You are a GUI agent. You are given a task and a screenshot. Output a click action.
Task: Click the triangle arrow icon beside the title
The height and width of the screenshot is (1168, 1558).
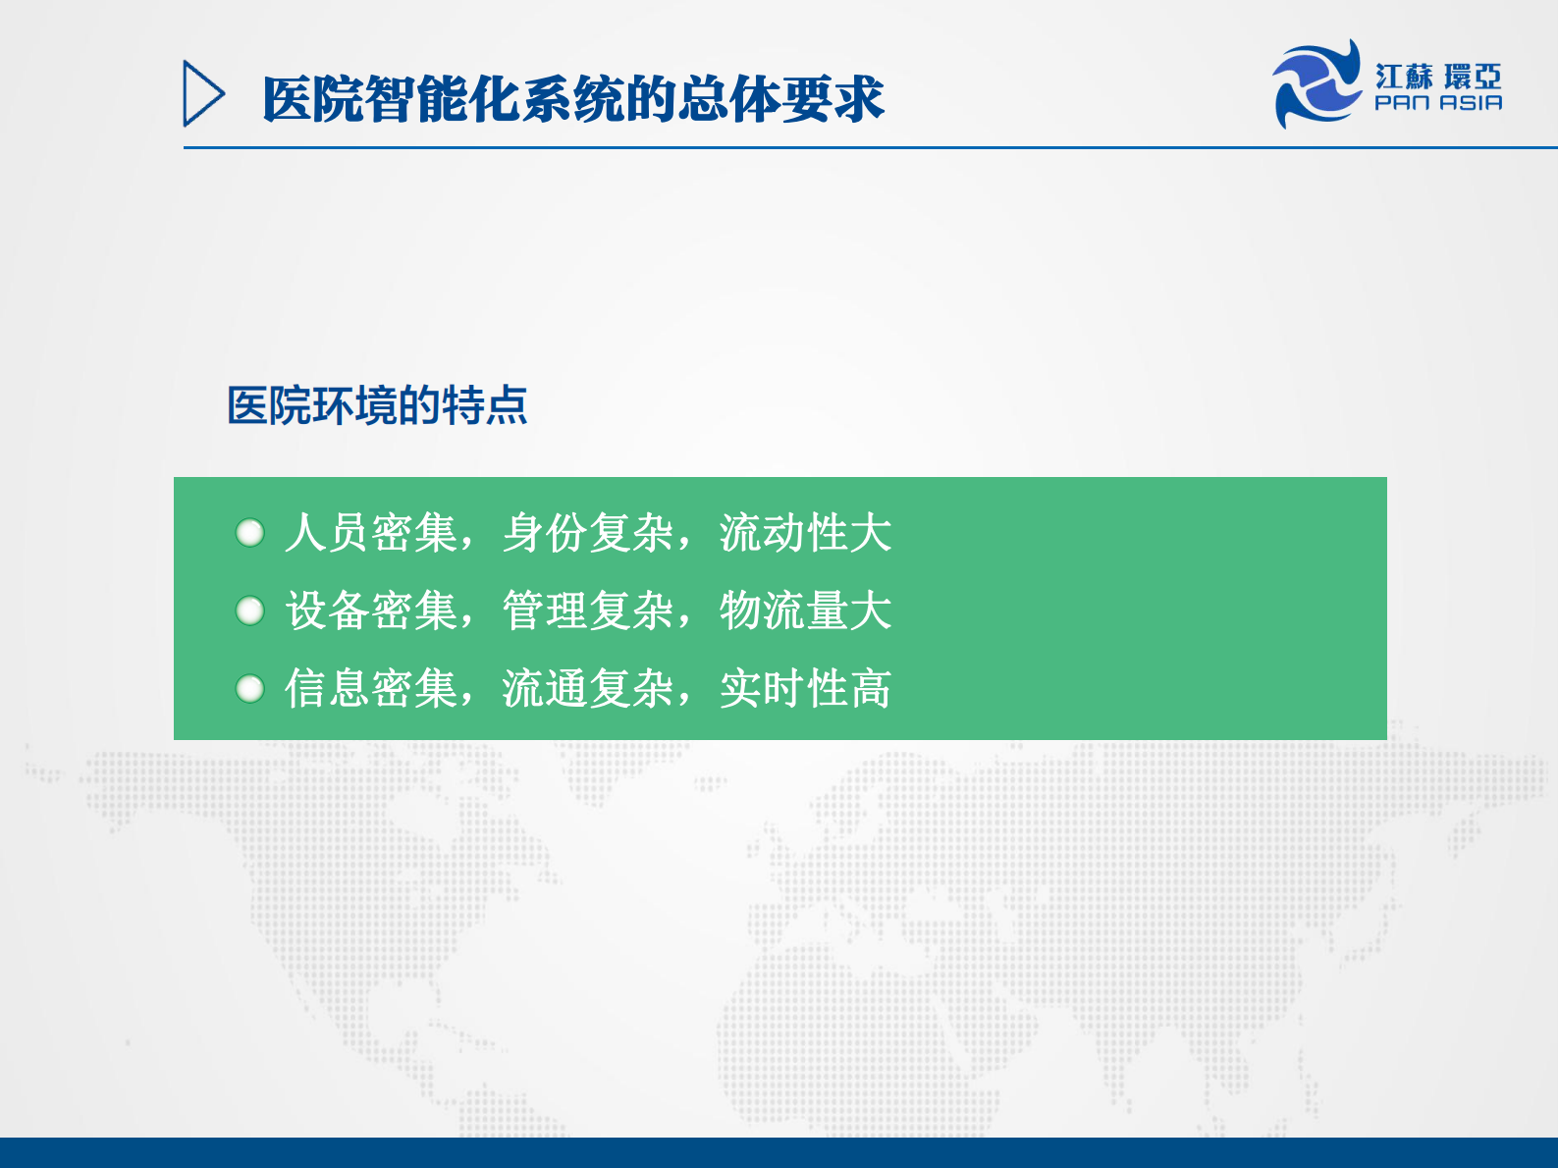(x=203, y=94)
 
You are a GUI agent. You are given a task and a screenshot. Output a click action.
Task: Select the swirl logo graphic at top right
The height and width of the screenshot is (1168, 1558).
(x=1316, y=84)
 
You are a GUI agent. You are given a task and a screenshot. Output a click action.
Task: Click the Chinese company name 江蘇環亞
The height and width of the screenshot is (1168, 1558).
(x=1437, y=77)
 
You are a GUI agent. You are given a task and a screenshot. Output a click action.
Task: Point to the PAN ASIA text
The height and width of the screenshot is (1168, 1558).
(x=1437, y=103)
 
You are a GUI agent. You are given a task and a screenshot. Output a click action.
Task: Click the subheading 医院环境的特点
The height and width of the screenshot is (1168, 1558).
(x=377, y=405)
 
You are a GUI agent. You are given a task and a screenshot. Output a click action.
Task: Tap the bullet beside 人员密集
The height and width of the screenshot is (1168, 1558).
(x=250, y=533)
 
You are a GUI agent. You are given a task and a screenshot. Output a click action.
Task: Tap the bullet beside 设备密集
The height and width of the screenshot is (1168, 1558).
(x=250, y=611)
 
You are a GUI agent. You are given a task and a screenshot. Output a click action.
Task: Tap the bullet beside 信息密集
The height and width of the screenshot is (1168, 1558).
(x=250, y=688)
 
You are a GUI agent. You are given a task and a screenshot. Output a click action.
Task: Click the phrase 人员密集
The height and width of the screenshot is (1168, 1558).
(x=371, y=533)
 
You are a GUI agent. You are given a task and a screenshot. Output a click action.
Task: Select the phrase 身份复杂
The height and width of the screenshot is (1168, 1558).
(x=588, y=533)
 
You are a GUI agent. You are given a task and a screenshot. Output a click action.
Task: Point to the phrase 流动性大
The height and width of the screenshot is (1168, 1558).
(x=805, y=533)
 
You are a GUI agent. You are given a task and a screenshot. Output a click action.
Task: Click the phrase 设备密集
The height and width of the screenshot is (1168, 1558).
(x=371, y=611)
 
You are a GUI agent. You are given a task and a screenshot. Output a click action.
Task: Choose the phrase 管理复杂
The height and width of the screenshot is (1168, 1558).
(x=588, y=611)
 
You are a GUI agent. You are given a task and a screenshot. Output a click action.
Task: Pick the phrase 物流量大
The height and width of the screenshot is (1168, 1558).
(x=805, y=611)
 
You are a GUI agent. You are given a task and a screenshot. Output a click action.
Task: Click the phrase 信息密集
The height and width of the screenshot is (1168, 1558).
(x=371, y=688)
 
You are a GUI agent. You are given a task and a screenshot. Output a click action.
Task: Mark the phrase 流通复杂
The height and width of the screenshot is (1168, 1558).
(x=588, y=688)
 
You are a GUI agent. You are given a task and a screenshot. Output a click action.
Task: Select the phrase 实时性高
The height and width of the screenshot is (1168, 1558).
(x=805, y=688)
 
